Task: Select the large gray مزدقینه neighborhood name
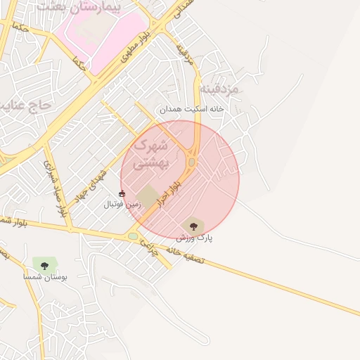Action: pyautogui.click(x=219, y=89)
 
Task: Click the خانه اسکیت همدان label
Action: pyautogui.click(x=191, y=109)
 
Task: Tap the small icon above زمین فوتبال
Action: pyautogui.click(x=122, y=193)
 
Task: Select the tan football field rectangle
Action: pyautogui.click(x=148, y=196)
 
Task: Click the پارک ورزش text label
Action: pyautogui.click(x=194, y=238)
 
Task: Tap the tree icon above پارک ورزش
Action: pyautogui.click(x=193, y=226)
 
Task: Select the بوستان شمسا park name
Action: pyautogui.click(x=45, y=278)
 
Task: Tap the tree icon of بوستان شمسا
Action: pyautogui.click(x=44, y=265)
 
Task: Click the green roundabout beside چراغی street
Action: pyautogui.click(x=133, y=236)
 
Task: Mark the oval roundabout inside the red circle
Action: pyautogui.click(x=192, y=162)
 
